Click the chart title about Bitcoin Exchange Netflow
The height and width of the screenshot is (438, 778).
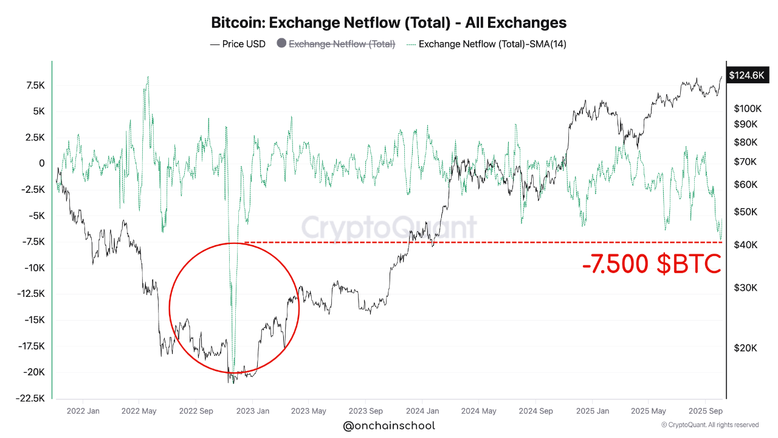pyautogui.click(x=388, y=23)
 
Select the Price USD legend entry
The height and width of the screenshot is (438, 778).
pyautogui.click(x=238, y=44)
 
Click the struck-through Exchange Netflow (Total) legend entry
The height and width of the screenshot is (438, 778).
pyautogui.click(x=342, y=44)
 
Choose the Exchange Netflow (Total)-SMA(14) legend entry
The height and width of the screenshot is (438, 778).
pyautogui.click(x=492, y=44)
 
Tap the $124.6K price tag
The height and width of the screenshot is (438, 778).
pyautogui.click(x=746, y=75)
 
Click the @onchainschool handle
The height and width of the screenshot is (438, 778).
pyautogui.click(x=389, y=426)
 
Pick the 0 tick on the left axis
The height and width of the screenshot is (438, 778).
pyautogui.click(x=41, y=163)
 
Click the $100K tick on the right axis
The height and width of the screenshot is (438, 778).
pyautogui.click(x=747, y=109)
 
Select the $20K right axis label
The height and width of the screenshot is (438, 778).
pyautogui.click(x=745, y=348)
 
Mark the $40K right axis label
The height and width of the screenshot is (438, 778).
pyautogui.click(x=745, y=245)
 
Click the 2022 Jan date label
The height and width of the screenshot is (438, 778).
pyautogui.click(x=83, y=411)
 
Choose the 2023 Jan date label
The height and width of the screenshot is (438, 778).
pyautogui.click(x=253, y=411)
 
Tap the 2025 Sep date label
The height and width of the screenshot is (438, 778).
pyautogui.click(x=704, y=411)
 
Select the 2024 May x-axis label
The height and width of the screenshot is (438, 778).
pyautogui.click(x=478, y=411)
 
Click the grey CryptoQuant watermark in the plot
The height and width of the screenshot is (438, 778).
pyautogui.click(x=389, y=228)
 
